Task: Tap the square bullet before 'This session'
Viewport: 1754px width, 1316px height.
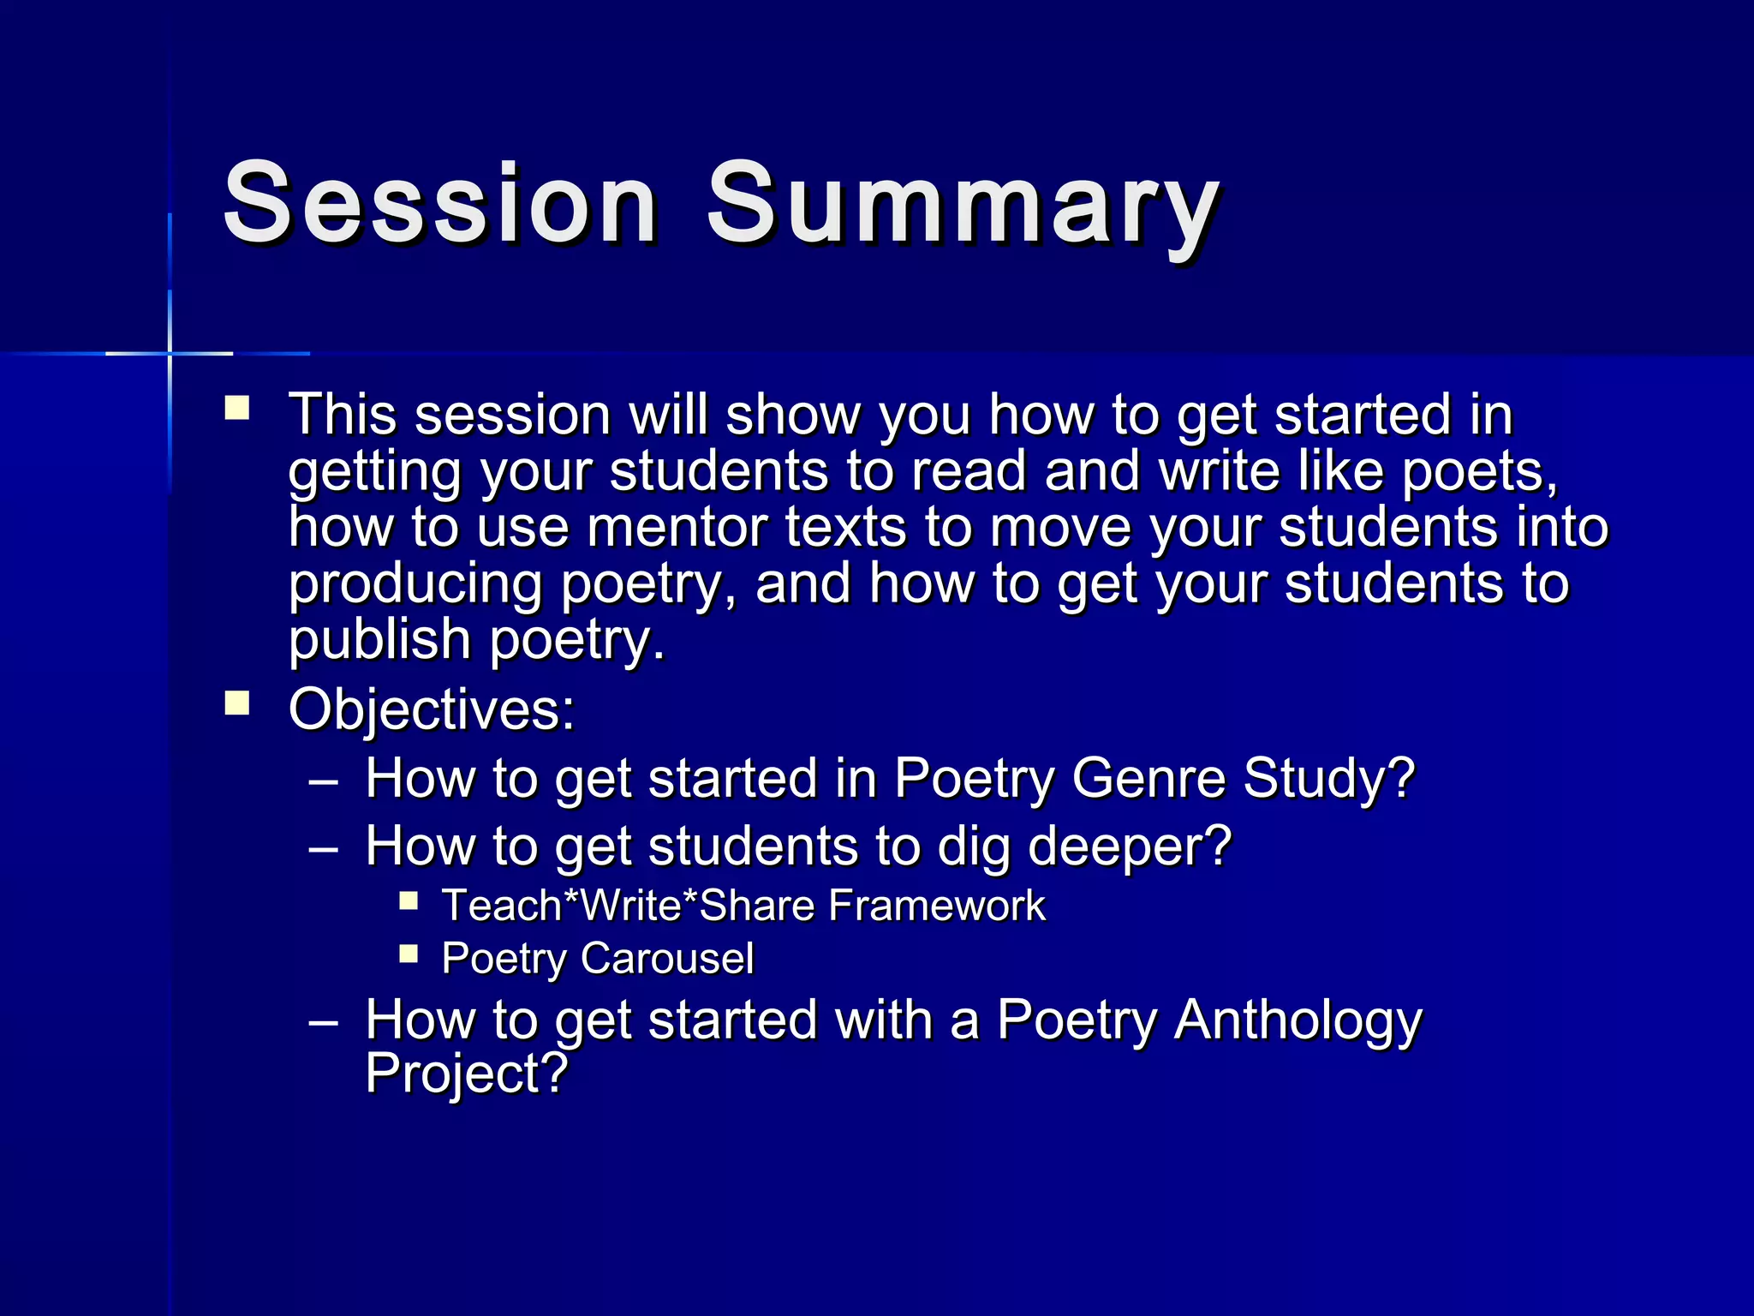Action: (237, 407)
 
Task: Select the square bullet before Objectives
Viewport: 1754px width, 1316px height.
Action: (237, 703)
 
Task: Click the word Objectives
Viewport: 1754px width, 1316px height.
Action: (430, 709)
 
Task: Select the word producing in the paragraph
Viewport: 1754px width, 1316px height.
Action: (415, 584)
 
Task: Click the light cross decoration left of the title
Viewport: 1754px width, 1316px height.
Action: (170, 353)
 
